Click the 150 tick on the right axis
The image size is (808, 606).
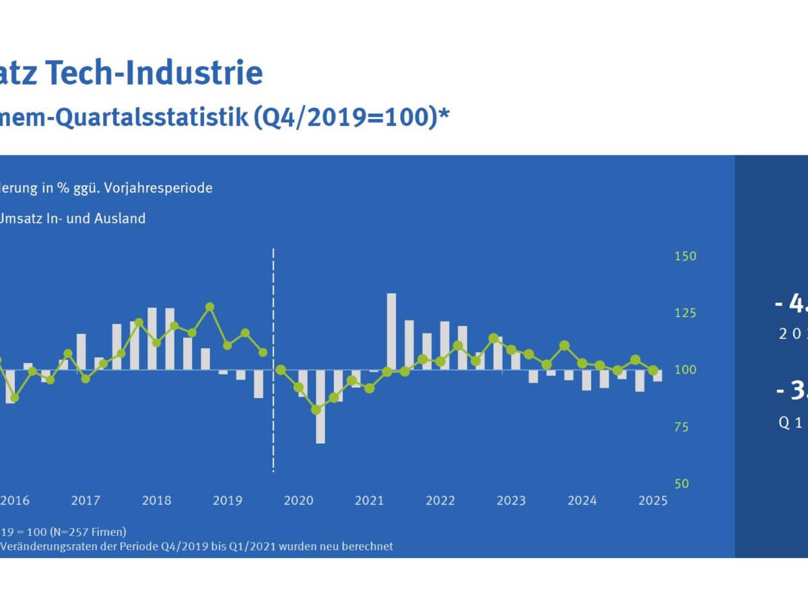coord(685,257)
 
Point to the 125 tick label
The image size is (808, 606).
coord(685,313)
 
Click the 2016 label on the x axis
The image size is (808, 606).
coord(15,501)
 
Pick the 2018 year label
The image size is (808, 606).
coord(157,501)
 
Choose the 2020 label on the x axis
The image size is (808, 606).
coord(298,501)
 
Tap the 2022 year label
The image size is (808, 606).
coord(440,501)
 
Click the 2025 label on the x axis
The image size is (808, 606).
coord(652,501)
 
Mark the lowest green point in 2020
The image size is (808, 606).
coord(316,409)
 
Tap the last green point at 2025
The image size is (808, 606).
coord(653,370)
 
